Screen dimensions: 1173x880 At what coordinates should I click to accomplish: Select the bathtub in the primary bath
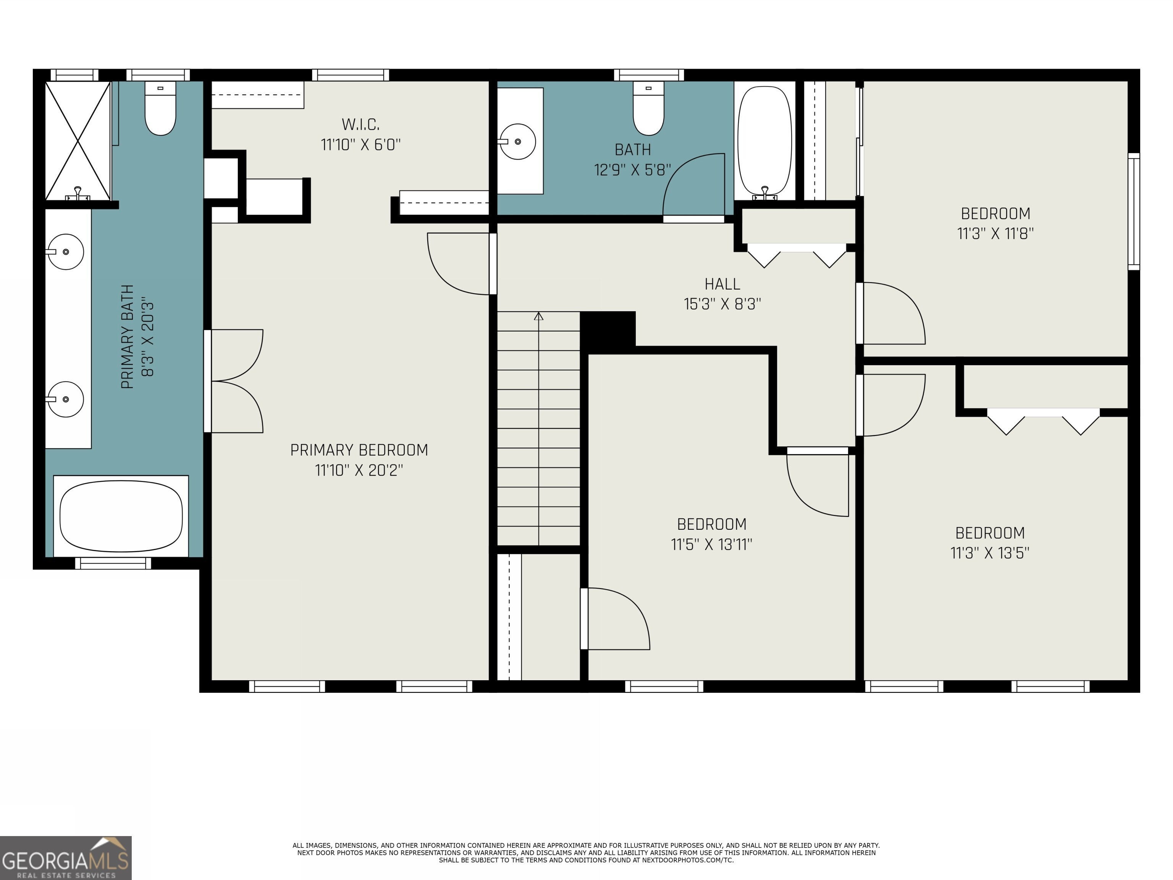coord(121,516)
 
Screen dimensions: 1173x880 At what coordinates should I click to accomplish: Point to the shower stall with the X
coord(78,141)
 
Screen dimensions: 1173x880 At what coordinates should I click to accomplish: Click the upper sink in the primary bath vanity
coord(65,251)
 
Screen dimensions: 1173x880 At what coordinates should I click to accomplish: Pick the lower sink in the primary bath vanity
coord(65,399)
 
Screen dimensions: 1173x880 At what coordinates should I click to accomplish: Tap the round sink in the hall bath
coord(517,142)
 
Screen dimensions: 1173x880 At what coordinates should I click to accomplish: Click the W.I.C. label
coord(360,125)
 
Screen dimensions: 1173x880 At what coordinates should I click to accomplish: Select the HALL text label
coord(722,284)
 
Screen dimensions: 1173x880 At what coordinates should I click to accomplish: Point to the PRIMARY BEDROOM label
coord(359,450)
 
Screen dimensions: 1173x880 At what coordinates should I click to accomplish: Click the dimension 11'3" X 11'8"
coord(995,233)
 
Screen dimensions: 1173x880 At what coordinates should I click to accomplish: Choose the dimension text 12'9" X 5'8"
coord(633,170)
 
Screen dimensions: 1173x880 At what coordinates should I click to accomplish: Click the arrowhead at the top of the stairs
coord(539,316)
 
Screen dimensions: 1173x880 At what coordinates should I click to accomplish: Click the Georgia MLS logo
coord(66,858)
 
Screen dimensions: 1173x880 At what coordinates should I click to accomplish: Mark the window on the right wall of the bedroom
coord(1134,212)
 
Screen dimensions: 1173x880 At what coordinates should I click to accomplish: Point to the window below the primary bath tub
coord(113,563)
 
